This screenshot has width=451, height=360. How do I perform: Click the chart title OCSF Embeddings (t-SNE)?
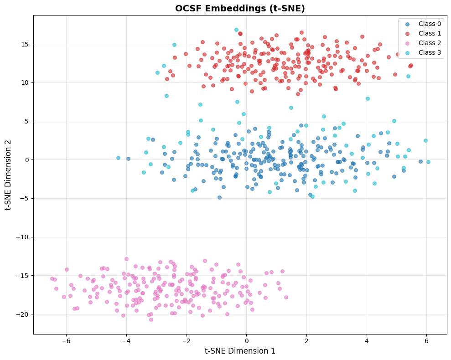(240, 8)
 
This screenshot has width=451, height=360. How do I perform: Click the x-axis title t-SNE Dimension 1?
(240, 351)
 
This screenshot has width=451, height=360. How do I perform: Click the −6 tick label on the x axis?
(66, 340)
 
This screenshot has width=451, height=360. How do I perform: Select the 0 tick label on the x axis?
(246, 340)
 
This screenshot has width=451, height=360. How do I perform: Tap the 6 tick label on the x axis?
(426, 340)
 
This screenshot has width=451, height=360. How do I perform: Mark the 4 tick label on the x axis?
(366, 340)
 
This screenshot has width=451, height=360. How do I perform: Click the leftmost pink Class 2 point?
(52, 278)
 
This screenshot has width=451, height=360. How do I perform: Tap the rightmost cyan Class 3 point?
(428, 162)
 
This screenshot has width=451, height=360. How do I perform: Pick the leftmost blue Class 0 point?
(128, 159)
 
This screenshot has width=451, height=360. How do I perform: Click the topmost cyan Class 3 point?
(236, 30)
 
